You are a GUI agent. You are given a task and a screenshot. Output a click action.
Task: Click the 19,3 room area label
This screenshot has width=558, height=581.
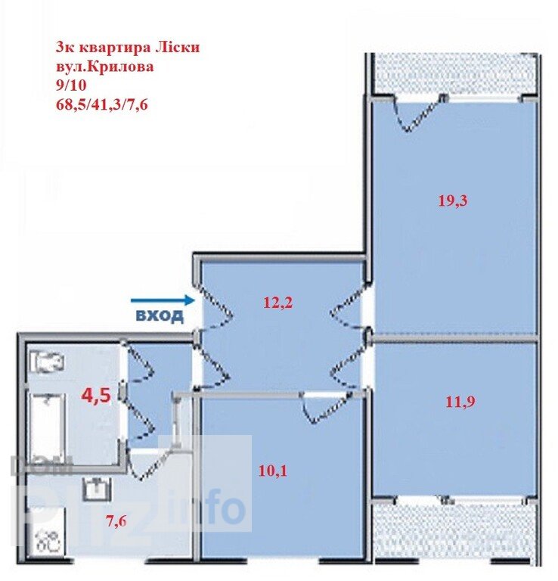[453, 200]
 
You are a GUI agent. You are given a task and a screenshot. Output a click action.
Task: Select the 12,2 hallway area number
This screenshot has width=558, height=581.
[278, 303]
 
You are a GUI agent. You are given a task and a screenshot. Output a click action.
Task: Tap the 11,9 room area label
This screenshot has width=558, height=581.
[460, 401]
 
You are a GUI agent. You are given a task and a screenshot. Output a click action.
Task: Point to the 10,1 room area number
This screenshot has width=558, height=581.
[273, 471]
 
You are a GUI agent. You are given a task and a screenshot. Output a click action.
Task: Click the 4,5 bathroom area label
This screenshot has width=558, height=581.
[96, 396]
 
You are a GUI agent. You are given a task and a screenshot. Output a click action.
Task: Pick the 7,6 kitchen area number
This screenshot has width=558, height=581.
[116, 521]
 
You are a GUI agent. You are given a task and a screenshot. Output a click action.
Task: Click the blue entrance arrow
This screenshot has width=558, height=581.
[163, 300]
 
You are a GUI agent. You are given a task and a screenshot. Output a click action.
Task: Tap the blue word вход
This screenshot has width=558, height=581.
[160, 315]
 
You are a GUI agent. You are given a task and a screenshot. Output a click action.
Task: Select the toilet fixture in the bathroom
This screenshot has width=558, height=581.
[47, 362]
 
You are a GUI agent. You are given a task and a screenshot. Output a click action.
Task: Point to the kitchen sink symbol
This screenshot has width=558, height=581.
[98, 489]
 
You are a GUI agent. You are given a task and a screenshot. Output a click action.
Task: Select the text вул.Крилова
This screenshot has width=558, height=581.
[104, 67]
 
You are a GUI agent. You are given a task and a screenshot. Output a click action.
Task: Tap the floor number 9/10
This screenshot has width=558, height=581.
[71, 85]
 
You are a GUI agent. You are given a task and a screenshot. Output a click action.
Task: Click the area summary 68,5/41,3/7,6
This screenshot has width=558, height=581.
[101, 105]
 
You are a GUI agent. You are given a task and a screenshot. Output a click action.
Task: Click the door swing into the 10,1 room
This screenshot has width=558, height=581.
[325, 408]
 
